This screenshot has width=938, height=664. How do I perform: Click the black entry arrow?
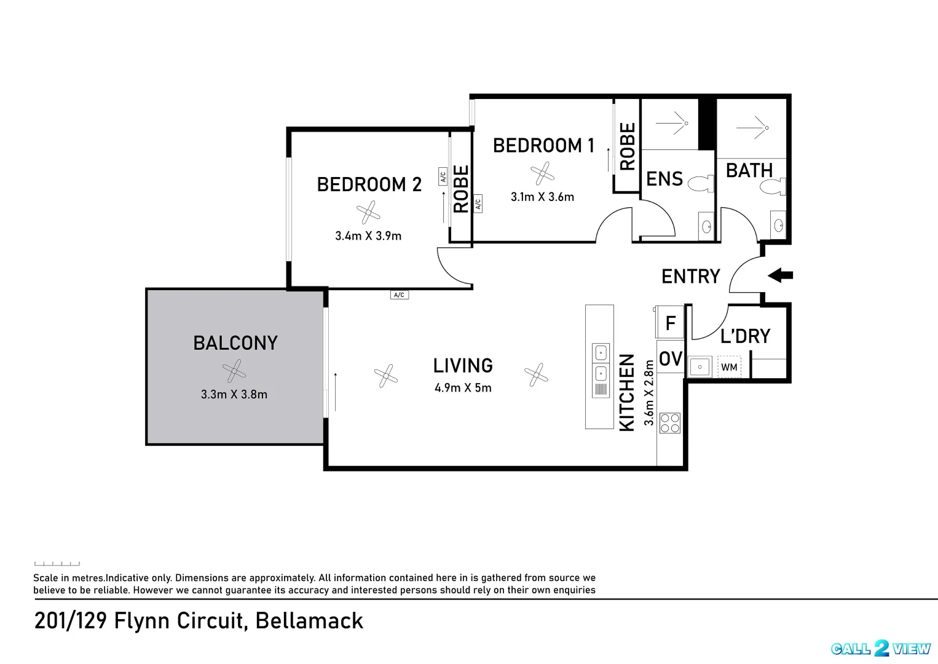coord(781,275)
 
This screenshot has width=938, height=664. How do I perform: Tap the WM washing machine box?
coord(729,367)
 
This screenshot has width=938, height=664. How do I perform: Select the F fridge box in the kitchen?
coord(670,322)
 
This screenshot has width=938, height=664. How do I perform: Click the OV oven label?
coord(671,359)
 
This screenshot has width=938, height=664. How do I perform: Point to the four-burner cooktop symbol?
coord(669,423)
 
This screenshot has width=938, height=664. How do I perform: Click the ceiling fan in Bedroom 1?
coord(542,173)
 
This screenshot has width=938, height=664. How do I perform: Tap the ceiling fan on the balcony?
coord(234,371)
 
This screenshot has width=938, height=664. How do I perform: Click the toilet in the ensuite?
coord(701,183)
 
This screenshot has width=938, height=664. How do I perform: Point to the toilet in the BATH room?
coord(773,186)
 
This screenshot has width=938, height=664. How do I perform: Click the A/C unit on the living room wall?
coord(399,295)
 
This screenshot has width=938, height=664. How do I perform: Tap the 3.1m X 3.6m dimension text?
coord(542,197)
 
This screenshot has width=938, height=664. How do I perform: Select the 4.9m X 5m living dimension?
coord(463,388)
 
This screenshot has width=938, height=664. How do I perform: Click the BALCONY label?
coord(235,343)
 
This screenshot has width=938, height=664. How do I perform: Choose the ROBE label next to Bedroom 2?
coord(461,189)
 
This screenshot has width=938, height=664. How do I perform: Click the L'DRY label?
coord(746,336)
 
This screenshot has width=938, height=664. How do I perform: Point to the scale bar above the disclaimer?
coord(57,563)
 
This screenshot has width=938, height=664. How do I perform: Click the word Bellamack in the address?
coord(309,621)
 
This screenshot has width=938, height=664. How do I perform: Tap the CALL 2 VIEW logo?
coord(881,649)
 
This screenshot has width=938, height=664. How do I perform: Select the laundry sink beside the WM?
coord(700,367)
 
